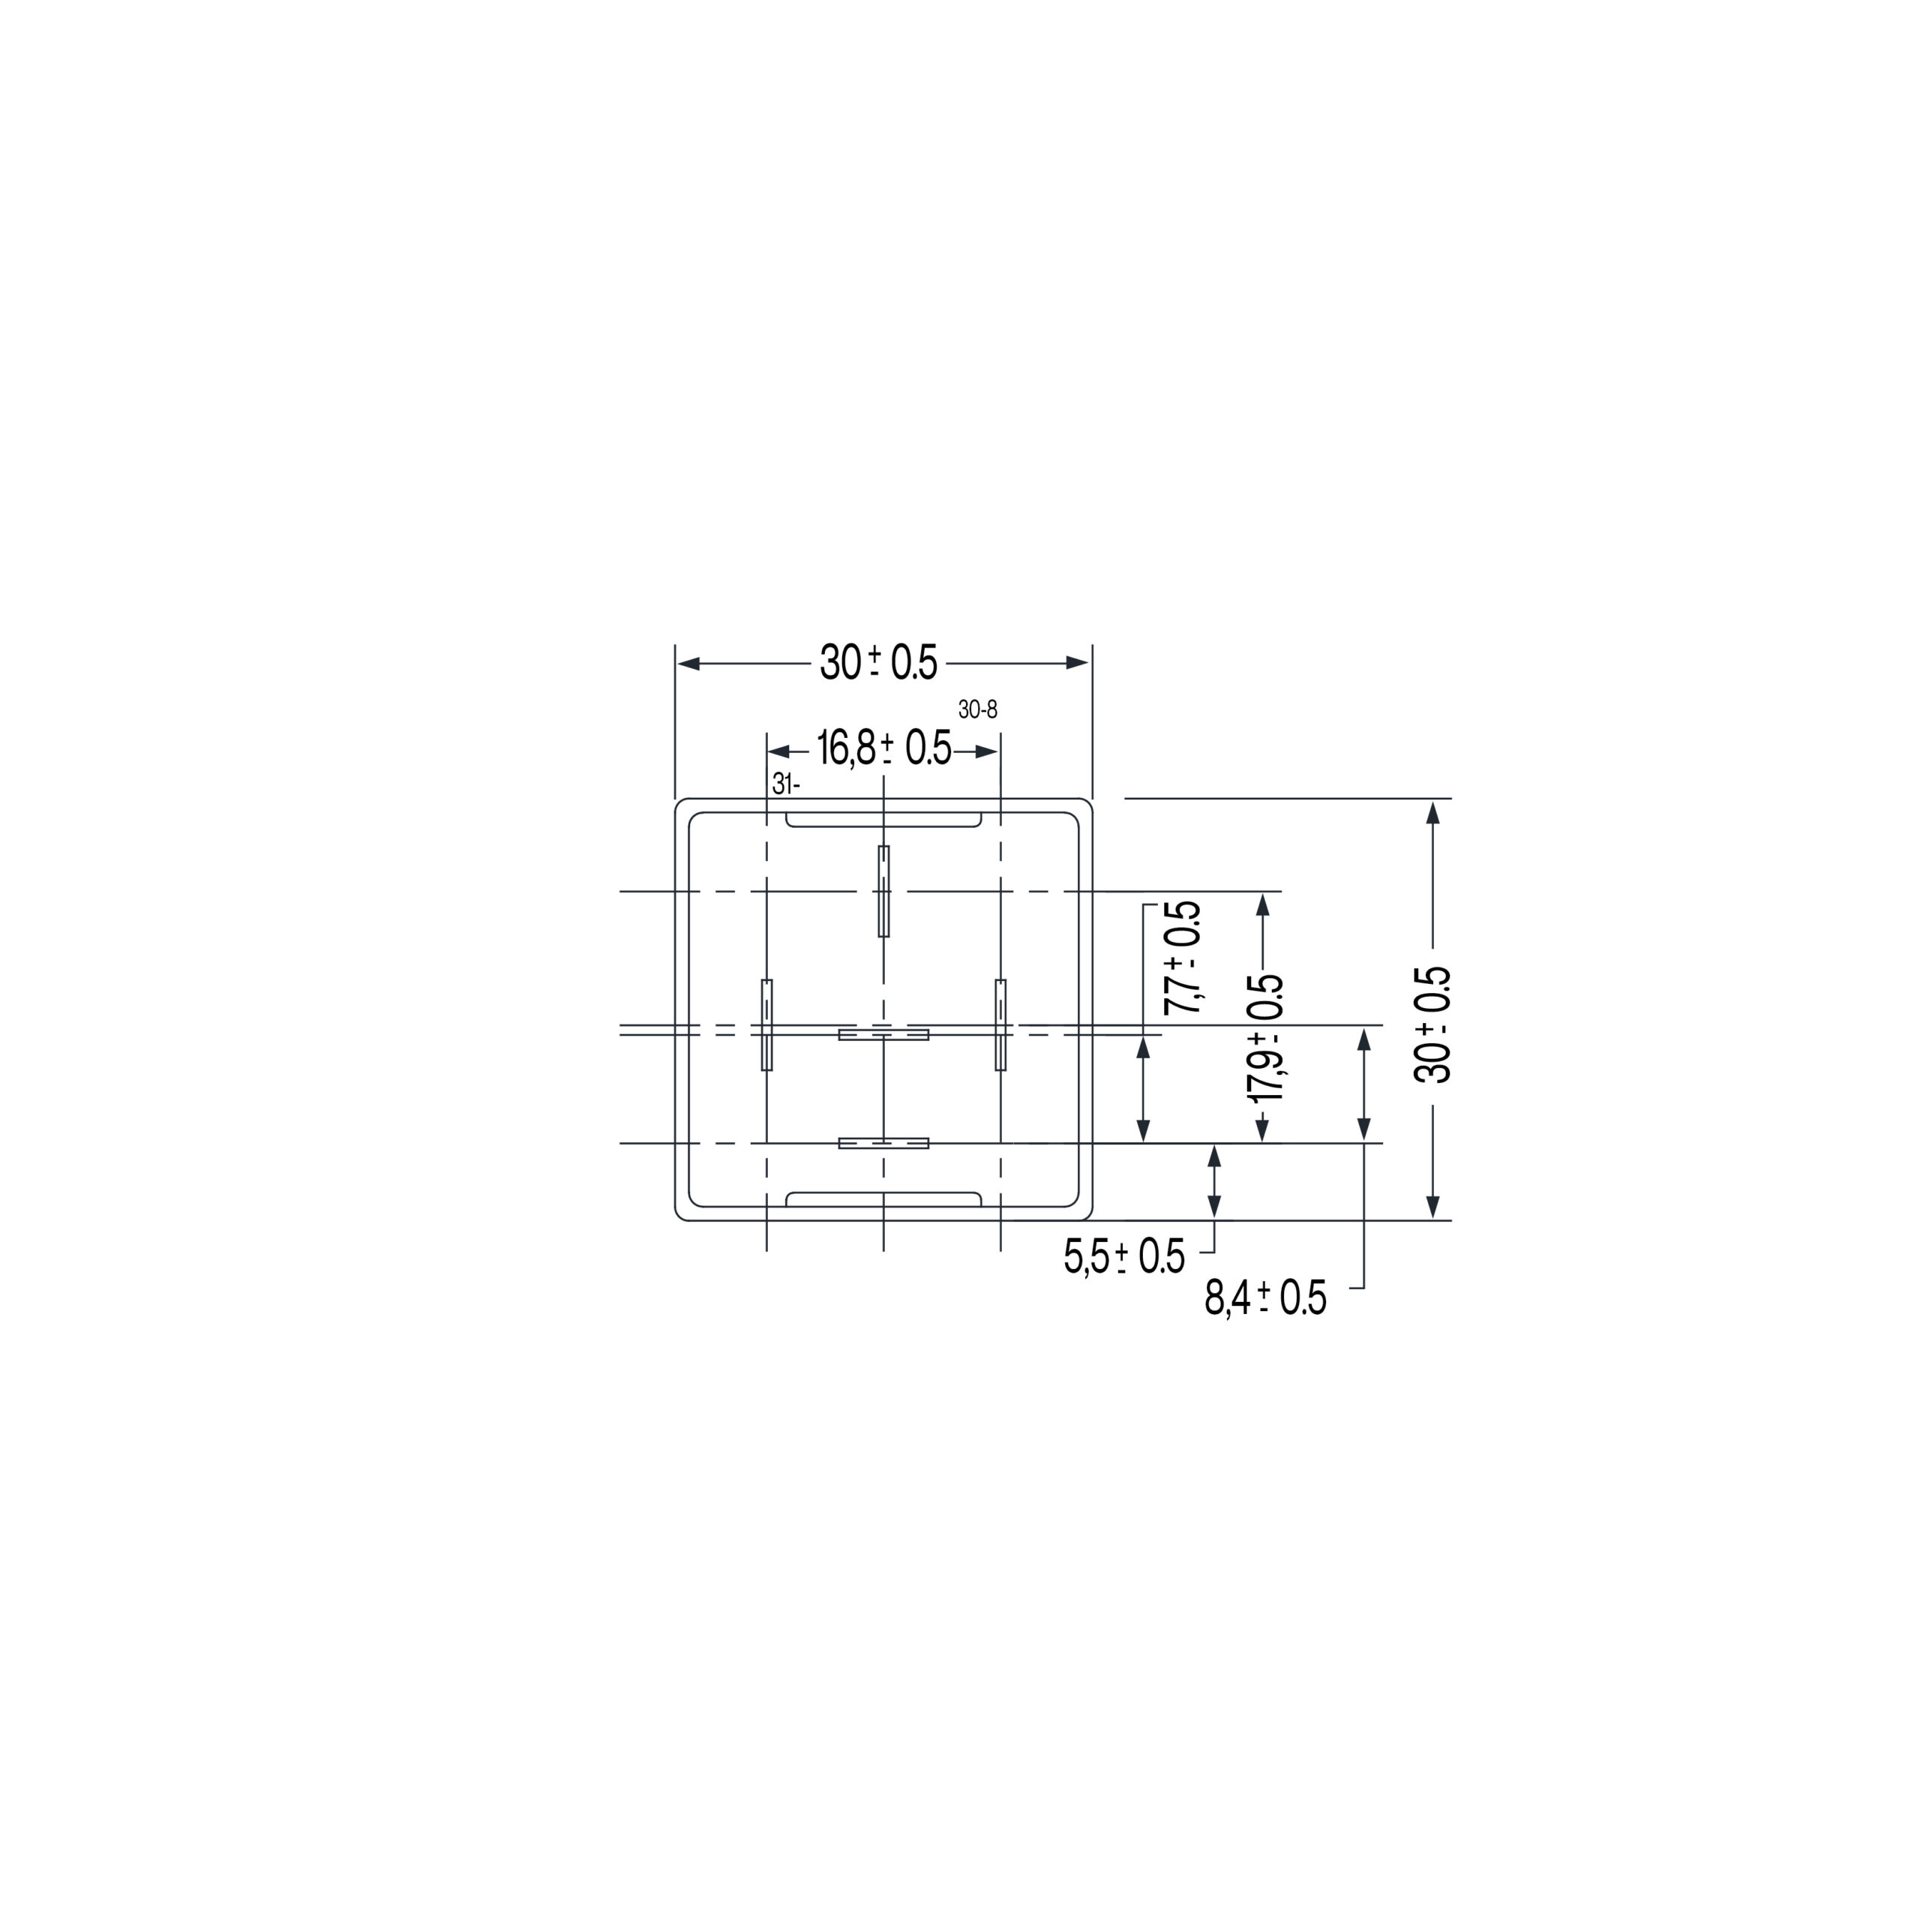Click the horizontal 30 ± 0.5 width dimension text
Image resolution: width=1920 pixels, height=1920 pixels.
pyautogui.click(x=878, y=663)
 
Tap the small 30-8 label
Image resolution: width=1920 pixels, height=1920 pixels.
pyautogui.click(x=978, y=709)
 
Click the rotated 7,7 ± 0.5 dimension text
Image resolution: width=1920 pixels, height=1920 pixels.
pyautogui.click(x=1183, y=957)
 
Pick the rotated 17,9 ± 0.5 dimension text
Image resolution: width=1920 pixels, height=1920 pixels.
pyautogui.click(x=1265, y=1039)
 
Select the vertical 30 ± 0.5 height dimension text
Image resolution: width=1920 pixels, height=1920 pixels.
pyautogui.click(x=1432, y=1024)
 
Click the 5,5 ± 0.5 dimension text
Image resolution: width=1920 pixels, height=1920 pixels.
pyautogui.click(x=1124, y=1257)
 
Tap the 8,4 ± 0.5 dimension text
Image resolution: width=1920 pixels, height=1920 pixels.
pyautogui.click(x=1265, y=1298)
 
